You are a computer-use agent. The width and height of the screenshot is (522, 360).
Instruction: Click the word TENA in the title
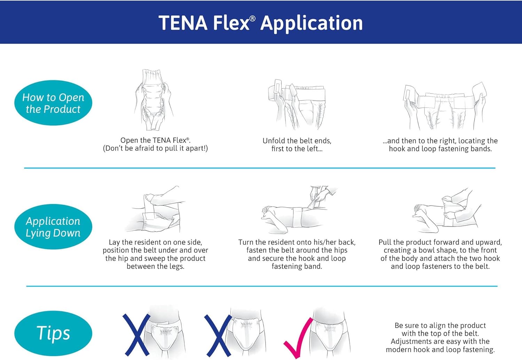coord(183,23)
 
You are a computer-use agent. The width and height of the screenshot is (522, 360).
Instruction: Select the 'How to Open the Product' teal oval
coord(53,103)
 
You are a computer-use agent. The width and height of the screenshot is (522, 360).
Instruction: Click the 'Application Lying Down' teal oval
coord(53,227)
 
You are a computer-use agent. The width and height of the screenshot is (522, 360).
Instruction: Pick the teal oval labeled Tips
coord(53,333)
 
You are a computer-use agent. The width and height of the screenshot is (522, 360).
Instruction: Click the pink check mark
coord(299,338)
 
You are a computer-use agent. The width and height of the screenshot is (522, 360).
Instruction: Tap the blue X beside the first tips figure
coord(137,335)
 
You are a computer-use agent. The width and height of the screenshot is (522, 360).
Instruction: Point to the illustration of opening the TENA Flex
coord(154,100)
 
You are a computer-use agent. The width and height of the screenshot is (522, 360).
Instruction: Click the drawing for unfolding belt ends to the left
coord(296,104)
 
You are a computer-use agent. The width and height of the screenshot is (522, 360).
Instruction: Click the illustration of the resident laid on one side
coord(155,209)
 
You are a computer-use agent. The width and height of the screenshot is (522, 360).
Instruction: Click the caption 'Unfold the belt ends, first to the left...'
coord(297,144)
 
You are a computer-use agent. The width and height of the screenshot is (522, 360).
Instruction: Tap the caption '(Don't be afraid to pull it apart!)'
coord(156,148)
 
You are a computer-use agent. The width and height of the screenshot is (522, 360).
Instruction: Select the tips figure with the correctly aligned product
coord(331,334)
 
